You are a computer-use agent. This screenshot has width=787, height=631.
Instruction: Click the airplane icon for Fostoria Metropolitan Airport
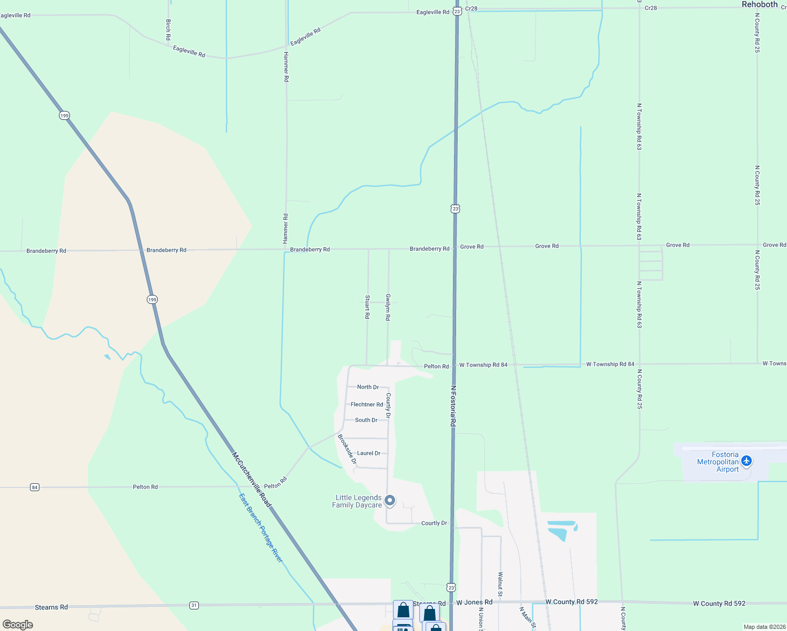[x=746, y=462]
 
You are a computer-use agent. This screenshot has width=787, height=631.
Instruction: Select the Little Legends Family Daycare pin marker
[x=390, y=501]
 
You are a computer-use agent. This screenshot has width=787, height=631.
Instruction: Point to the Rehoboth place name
[x=759, y=5]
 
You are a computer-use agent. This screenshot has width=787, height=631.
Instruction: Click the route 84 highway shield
[x=35, y=487]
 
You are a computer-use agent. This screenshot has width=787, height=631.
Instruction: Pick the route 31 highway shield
[x=194, y=606]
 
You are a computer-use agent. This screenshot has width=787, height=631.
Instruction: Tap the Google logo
[x=18, y=625]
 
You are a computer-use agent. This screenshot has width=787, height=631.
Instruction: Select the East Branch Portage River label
[x=261, y=527]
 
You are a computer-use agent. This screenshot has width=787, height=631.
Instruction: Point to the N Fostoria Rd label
[x=453, y=406]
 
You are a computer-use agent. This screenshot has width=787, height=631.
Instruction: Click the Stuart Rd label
[x=367, y=307]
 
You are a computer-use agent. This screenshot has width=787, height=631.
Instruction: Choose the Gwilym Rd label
[x=388, y=307]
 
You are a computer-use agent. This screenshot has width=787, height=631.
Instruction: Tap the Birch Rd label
[x=168, y=30]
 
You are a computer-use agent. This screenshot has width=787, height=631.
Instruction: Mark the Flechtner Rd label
[x=367, y=405]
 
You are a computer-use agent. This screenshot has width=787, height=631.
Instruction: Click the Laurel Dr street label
[x=368, y=453]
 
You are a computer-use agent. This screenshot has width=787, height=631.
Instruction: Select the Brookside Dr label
[x=347, y=450]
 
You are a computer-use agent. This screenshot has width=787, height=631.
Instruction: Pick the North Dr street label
[x=368, y=387]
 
